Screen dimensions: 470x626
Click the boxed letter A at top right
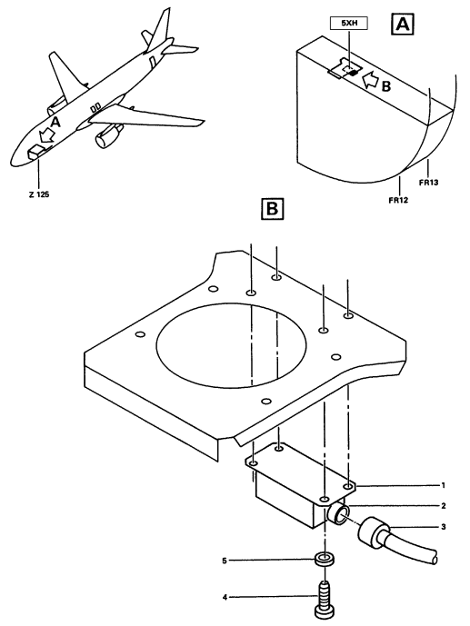[402, 25]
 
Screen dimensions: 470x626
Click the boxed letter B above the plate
[272, 208]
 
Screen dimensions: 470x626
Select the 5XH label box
[348, 24]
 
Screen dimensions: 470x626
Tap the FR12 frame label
[398, 200]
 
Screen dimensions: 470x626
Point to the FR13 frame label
[428, 183]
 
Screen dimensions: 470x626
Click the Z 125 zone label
[39, 194]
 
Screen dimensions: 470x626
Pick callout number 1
[443, 485]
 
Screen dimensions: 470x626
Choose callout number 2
[443, 506]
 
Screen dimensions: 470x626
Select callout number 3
[443, 527]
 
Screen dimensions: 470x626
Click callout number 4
[225, 597]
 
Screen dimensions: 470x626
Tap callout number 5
[225, 561]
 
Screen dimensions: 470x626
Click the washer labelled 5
[325, 559]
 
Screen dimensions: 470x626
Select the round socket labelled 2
[339, 513]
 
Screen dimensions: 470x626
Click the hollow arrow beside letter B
[371, 80]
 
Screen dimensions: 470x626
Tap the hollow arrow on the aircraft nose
[47, 134]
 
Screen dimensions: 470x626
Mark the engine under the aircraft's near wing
[108, 136]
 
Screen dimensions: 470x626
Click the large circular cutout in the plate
[231, 345]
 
